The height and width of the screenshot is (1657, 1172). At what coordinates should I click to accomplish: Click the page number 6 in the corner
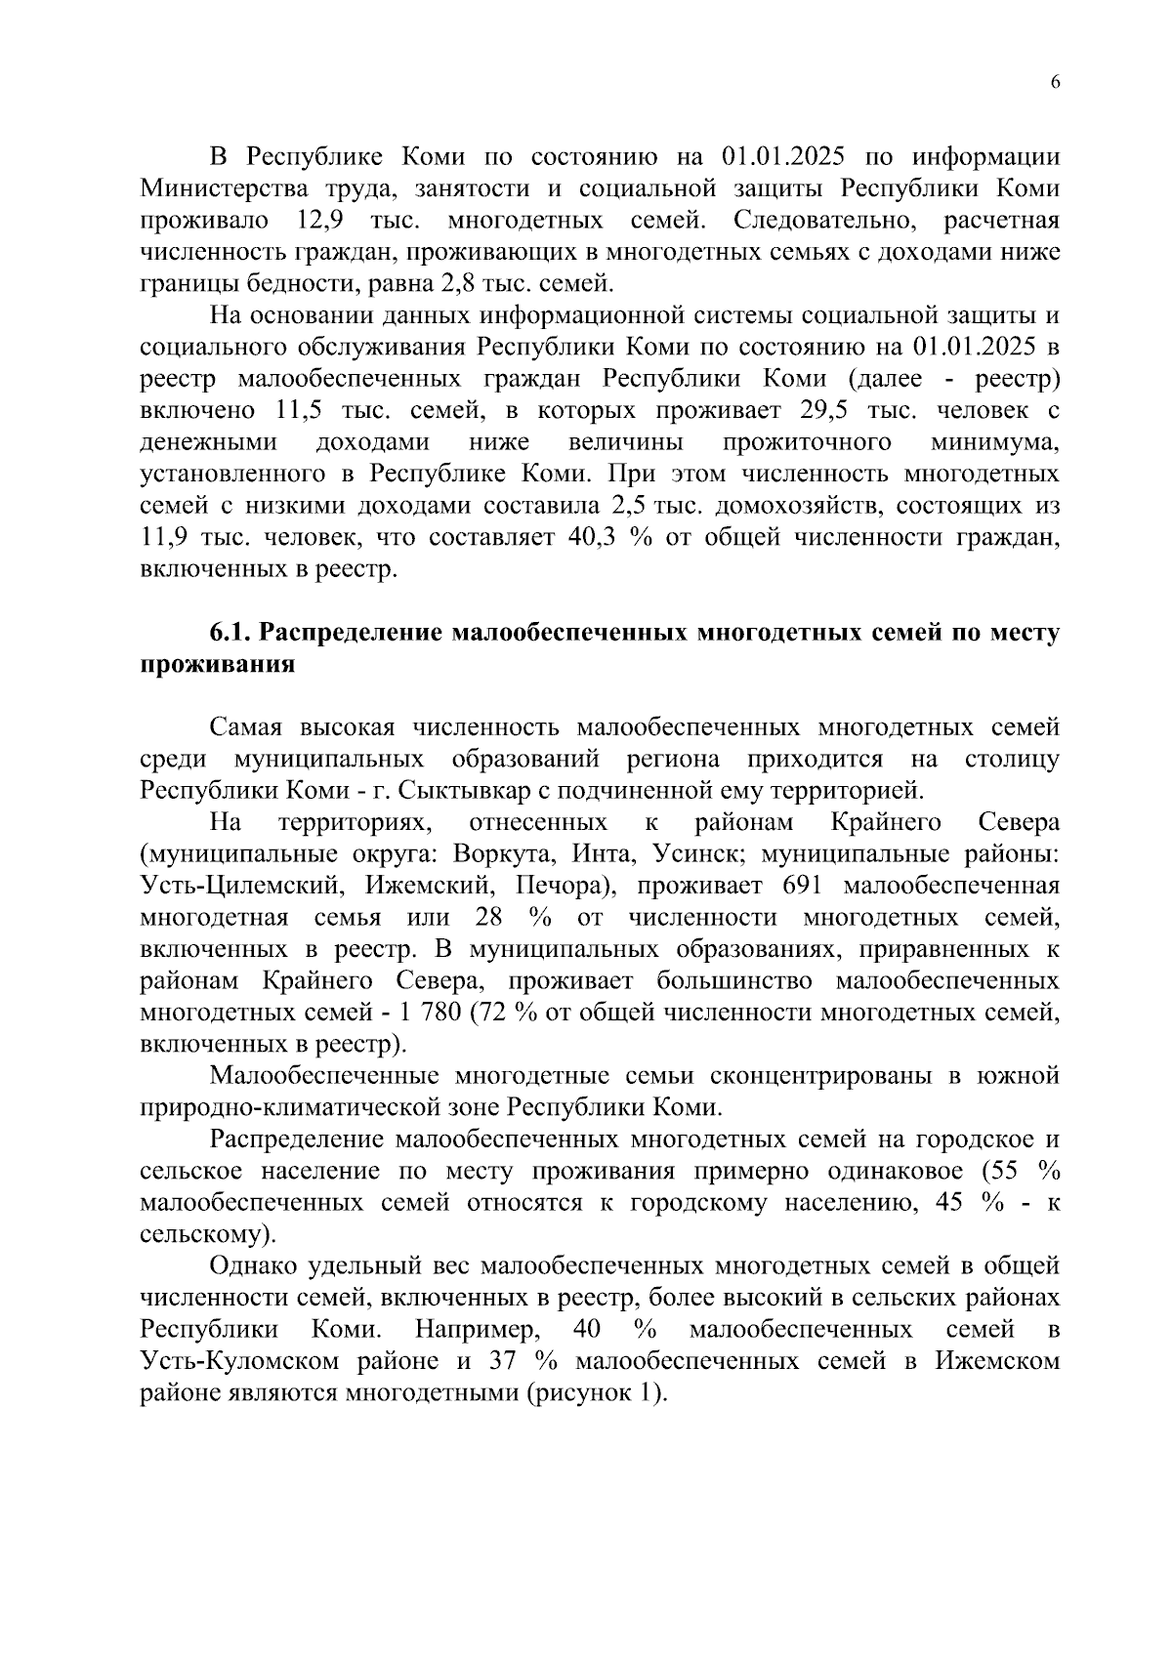[1055, 83]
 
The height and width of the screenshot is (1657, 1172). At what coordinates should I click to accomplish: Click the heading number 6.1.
[230, 634]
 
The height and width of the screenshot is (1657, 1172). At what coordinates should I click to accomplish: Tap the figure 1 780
[426, 1013]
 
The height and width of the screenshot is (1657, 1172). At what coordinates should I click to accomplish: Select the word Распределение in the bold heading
[353, 634]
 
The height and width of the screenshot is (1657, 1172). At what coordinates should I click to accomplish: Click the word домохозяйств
[800, 507]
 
